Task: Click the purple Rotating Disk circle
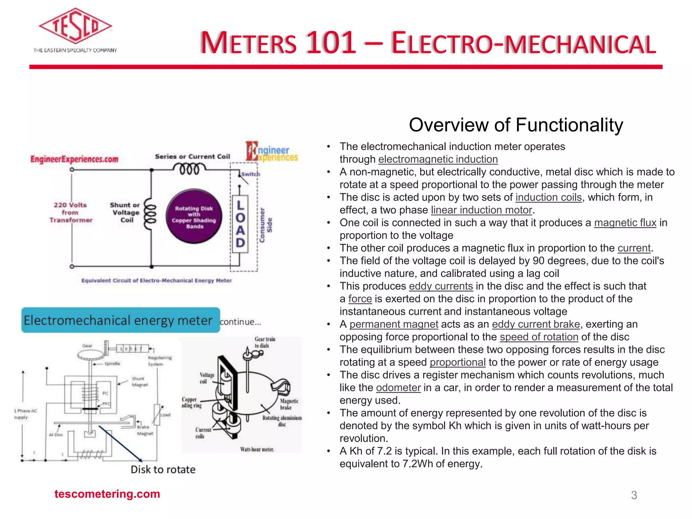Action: (x=194, y=217)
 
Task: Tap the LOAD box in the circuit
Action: (x=240, y=224)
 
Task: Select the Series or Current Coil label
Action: (x=192, y=156)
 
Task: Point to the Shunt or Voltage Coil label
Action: (x=125, y=212)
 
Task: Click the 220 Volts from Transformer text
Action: (x=71, y=212)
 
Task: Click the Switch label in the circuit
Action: (x=251, y=174)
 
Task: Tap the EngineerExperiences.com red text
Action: (x=74, y=159)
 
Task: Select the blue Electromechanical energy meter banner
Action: (x=121, y=320)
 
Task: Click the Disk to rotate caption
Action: (x=163, y=469)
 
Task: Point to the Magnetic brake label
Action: (x=289, y=404)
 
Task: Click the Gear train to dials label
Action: (x=265, y=342)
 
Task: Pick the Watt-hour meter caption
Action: (x=257, y=449)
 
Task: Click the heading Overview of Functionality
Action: (x=516, y=125)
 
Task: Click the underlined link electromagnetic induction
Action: (x=438, y=159)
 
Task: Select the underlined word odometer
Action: (x=398, y=388)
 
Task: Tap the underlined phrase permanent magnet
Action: (x=394, y=324)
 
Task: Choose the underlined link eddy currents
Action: (x=441, y=286)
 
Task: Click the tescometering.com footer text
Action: (x=107, y=494)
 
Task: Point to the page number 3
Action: (x=634, y=495)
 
